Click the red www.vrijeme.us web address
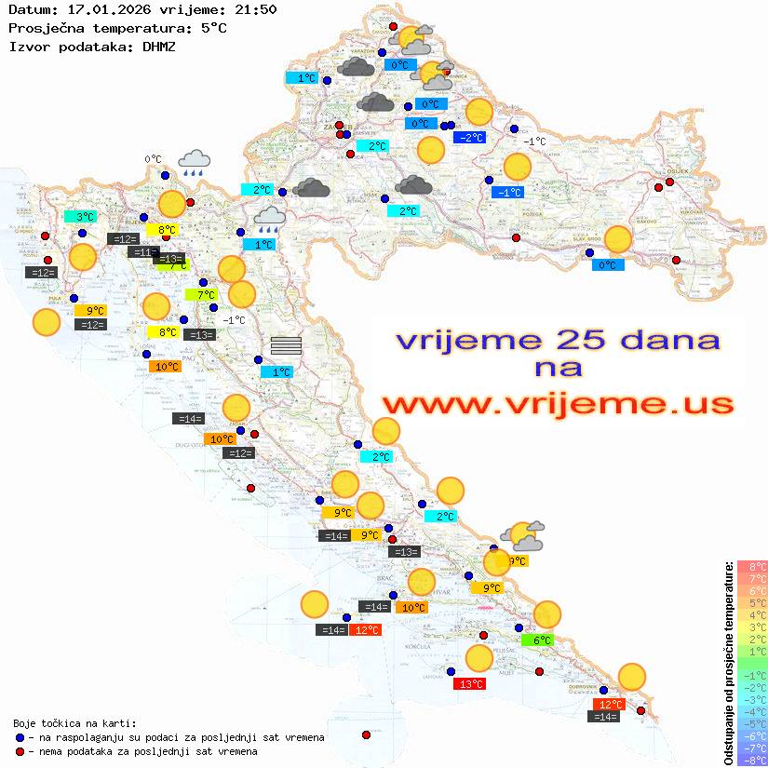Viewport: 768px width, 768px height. coord(557,404)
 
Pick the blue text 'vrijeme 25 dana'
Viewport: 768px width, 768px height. coord(557,340)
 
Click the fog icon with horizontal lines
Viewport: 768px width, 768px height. coord(286,346)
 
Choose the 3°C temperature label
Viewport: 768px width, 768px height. coord(85,216)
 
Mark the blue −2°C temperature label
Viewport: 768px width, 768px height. coord(470,138)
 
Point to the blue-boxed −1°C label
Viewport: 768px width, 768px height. coord(508,192)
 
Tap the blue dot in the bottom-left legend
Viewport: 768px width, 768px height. coord(20,737)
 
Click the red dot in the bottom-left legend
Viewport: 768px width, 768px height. coord(20,751)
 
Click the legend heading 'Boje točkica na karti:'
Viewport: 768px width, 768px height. coord(74,723)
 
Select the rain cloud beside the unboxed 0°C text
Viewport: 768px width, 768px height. coord(195,163)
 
